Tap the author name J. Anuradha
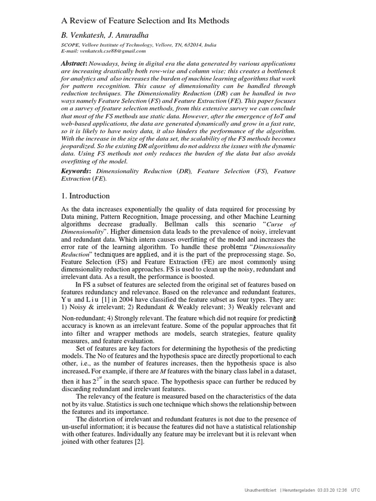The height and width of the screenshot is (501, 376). (130, 36)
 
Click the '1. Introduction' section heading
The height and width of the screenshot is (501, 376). (85, 196)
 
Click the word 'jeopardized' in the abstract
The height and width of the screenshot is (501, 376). (80, 146)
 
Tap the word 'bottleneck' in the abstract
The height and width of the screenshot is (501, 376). (279, 71)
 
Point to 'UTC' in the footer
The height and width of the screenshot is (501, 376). (355, 489)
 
